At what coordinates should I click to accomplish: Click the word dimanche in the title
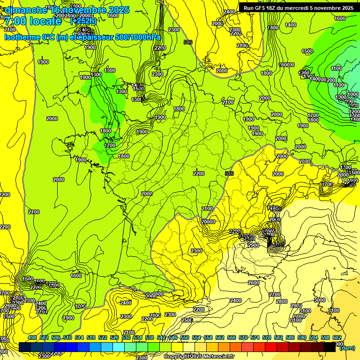26,10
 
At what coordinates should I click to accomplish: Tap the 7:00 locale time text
33,22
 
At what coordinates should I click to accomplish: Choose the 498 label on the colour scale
32,337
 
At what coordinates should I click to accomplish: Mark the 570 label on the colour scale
243,337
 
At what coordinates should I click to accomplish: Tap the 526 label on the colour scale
114,337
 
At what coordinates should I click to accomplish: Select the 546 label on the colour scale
173,337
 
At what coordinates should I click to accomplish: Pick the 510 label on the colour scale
67,337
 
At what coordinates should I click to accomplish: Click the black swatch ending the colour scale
330,347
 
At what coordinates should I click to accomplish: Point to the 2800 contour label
281,301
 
